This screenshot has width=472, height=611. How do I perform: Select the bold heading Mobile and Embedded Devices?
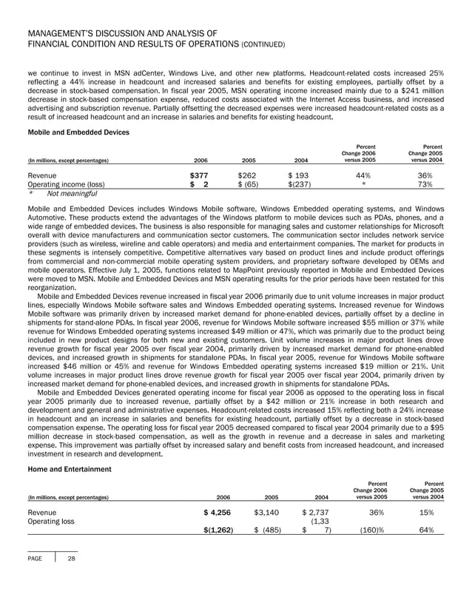point(78,132)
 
